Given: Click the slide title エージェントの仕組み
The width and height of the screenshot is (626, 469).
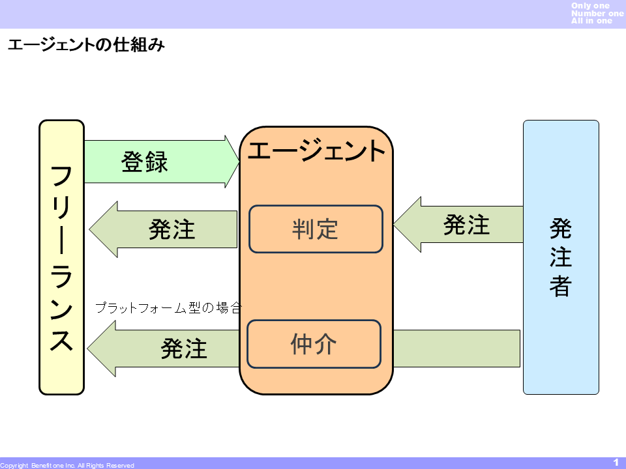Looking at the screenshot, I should [85, 46].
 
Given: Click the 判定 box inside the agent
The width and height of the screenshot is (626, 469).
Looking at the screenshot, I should [316, 229].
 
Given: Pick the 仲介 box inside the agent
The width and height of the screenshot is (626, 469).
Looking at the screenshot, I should [314, 344].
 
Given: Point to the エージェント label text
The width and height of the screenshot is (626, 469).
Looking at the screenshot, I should [317, 151].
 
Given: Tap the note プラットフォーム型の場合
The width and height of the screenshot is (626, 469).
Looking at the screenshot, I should [168, 307].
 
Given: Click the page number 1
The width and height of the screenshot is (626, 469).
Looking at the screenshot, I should [616, 462].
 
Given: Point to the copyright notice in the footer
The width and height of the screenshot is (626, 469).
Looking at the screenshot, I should [67, 465].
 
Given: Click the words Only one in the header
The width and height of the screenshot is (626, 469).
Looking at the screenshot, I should [590, 6].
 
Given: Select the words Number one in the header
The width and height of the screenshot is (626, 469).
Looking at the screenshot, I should [597, 14].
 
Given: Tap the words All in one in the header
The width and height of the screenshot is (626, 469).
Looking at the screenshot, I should [591, 21].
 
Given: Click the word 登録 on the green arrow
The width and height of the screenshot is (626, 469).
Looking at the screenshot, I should [145, 162].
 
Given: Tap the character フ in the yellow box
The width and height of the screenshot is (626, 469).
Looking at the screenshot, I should [62, 176].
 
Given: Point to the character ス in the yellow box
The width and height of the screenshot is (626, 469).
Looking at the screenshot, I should [62, 339].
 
